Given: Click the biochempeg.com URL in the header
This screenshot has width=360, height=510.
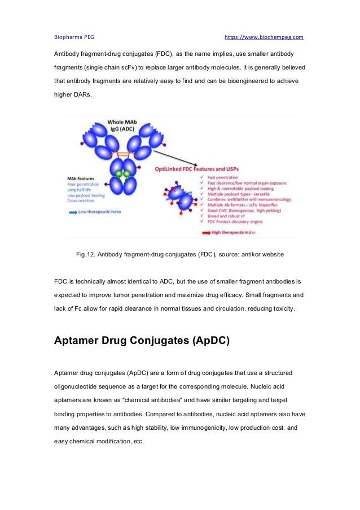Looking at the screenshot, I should coord(264,37).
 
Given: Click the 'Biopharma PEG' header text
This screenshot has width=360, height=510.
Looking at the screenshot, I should coord(74,37).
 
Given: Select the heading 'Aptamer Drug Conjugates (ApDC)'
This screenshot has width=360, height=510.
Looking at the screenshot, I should coord(142,341).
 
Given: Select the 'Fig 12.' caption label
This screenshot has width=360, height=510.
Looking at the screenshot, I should coord(85,255).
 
